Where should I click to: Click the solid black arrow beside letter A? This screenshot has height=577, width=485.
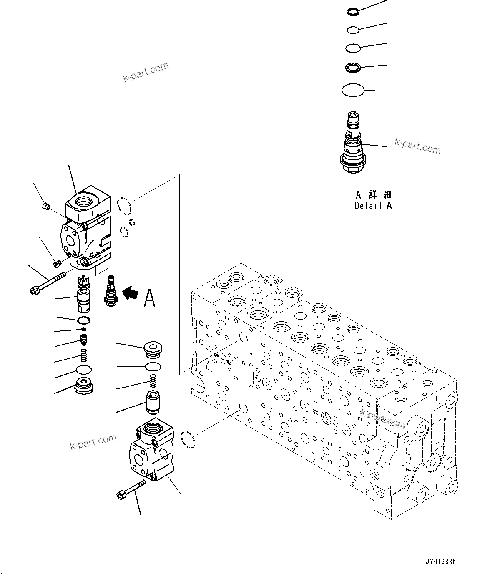point(131,293)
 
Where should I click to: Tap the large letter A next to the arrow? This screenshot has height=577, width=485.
point(150,298)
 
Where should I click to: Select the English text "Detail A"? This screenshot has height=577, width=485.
point(373,205)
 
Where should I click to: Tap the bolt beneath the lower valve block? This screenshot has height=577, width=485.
point(131,489)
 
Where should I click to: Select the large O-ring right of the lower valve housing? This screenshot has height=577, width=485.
point(188,440)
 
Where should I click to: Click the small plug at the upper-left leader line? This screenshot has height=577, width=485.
point(47,206)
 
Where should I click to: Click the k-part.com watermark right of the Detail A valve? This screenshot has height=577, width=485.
point(417,146)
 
